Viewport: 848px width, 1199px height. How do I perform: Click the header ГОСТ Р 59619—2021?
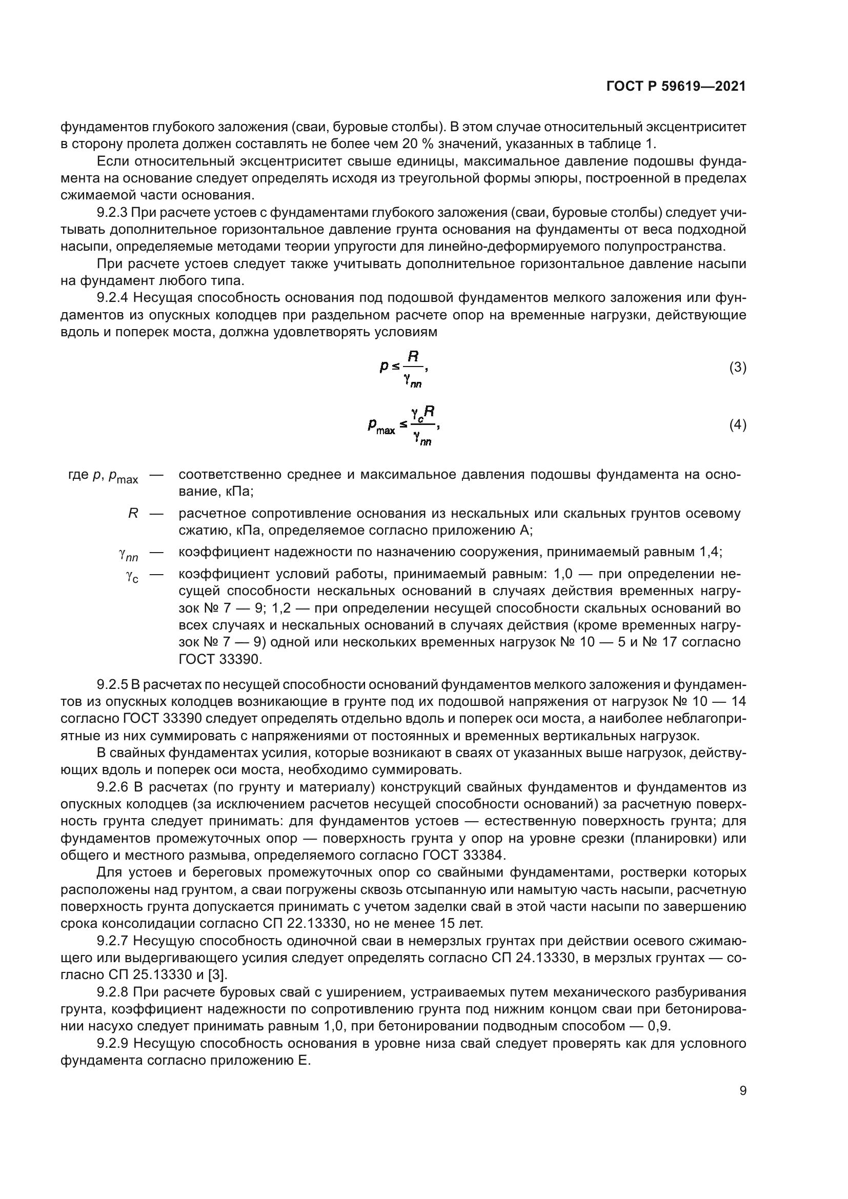(x=676, y=87)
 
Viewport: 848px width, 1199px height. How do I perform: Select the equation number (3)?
(x=737, y=368)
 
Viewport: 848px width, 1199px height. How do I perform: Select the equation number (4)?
(x=737, y=425)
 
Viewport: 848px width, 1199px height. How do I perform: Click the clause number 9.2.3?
(x=113, y=213)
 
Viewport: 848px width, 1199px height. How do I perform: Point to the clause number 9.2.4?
(x=113, y=298)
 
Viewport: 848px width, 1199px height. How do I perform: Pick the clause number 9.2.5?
(x=113, y=685)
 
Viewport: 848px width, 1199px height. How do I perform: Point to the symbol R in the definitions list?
(x=133, y=513)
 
